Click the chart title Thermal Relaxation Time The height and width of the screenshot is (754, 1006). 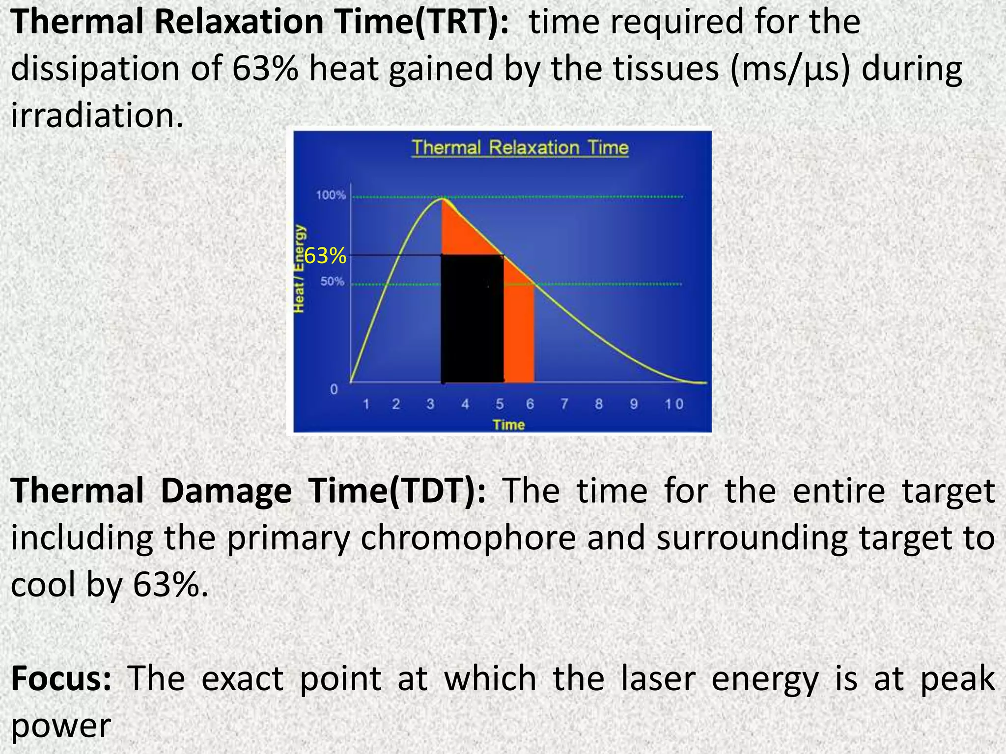tap(520, 148)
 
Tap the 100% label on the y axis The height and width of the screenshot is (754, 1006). tap(331, 195)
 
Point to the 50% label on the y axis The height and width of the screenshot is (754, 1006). tap(333, 282)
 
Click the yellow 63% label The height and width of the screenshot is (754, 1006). tap(325, 256)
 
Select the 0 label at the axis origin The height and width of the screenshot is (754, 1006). tap(334, 390)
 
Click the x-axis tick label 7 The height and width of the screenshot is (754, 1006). tap(564, 404)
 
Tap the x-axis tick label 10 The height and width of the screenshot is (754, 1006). tap(674, 404)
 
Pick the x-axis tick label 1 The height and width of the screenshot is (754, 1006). tap(366, 404)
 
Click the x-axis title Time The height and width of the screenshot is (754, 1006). tap(509, 425)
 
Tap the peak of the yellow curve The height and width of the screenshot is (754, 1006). tap(443, 199)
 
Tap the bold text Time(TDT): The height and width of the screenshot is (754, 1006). tap(396, 491)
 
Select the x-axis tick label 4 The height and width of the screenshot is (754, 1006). tap(465, 404)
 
